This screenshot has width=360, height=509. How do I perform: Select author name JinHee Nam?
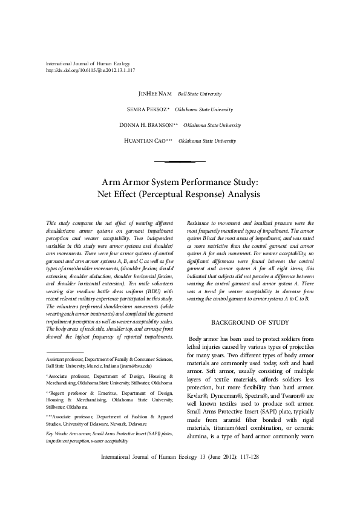155,94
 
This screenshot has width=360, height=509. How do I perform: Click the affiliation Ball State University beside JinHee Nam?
199,94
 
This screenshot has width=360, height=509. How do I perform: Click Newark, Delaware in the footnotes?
132,407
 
